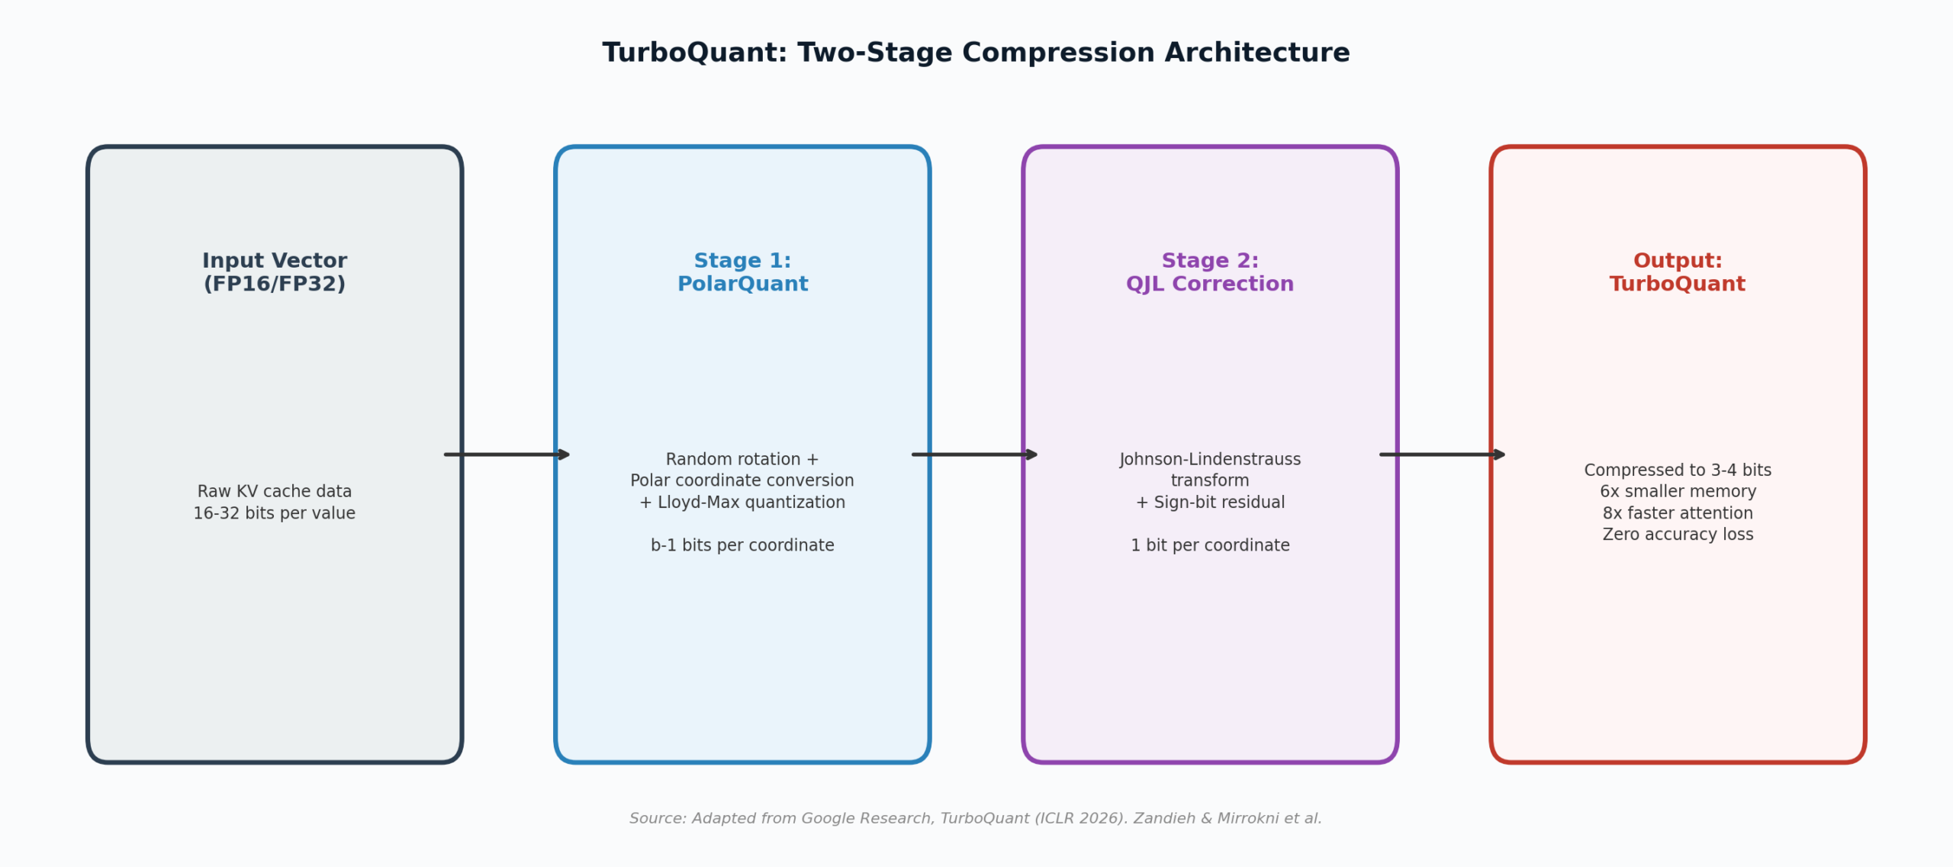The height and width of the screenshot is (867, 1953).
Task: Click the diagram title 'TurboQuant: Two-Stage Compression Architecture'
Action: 976,53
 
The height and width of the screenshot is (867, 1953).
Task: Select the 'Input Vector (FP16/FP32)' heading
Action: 275,272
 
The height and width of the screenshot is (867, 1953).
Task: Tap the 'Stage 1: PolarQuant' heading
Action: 742,272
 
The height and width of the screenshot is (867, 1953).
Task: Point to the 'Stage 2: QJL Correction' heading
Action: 1210,272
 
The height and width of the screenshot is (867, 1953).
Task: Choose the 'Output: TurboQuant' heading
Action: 1678,272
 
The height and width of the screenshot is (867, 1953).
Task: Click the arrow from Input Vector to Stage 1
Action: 507,455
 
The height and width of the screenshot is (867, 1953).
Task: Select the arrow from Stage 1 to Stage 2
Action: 975,455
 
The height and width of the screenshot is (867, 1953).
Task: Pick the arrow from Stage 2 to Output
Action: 1443,455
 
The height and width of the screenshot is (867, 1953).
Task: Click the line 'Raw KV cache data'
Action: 275,492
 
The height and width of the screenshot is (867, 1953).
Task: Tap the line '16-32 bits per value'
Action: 275,513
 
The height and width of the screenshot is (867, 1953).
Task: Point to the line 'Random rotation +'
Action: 742,459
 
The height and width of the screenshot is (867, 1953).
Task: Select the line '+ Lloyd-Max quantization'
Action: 742,503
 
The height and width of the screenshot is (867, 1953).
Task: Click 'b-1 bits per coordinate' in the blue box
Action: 742,545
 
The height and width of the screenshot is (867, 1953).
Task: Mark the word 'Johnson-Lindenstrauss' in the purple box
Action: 1210,459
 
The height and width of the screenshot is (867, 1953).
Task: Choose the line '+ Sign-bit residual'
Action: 1210,503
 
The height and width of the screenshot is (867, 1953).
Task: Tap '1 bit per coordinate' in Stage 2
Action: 1210,545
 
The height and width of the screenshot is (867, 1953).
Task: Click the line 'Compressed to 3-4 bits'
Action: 1678,470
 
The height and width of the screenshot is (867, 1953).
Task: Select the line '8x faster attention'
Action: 1678,513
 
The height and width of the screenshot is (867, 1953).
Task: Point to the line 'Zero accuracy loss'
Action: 1678,535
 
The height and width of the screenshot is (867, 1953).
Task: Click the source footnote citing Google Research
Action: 975,818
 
